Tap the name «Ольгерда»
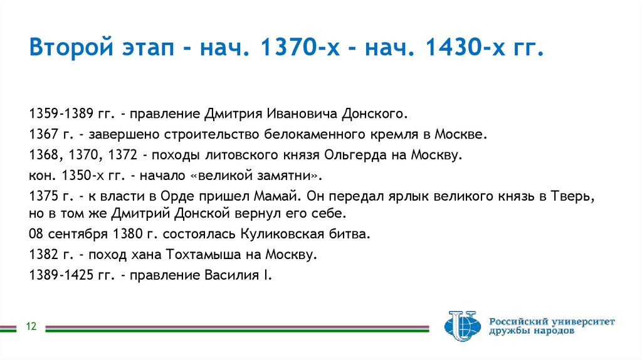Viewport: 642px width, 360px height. pyautogui.click(x=352, y=155)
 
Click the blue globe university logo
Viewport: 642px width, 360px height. pyautogui.click(x=461, y=327)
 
